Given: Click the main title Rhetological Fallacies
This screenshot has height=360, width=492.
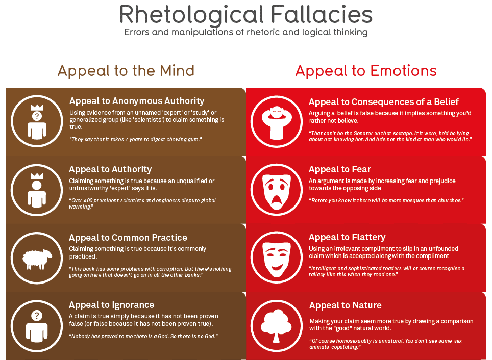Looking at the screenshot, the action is click(x=246, y=15).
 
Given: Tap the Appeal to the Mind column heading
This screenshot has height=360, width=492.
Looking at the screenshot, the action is click(x=126, y=70).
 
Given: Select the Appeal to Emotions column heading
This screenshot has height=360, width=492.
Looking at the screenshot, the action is click(x=366, y=70).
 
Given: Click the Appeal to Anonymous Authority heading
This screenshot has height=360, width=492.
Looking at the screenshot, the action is click(x=137, y=101).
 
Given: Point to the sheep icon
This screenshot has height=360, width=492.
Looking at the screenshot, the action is click(x=36, y=258).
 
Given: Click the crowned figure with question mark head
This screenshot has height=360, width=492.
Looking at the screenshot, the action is click(x=36, y=121).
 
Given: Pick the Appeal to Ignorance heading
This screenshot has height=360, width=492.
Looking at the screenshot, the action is click(x=111, y=305).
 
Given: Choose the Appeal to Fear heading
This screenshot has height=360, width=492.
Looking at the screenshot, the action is click(x=340, y=169).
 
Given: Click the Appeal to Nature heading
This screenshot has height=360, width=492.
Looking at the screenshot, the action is click(x=345, y=305).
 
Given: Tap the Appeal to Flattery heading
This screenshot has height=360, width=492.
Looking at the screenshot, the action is click(x=347, y=237).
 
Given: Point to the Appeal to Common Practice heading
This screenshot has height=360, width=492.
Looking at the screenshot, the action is click(x=128, y=238).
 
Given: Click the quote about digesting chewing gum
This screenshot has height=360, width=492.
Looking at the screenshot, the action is click(x=136, y=139).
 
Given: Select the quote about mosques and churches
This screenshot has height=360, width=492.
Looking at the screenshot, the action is click(x=386, y=200).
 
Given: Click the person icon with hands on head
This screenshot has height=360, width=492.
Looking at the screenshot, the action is click(x=276, y=121).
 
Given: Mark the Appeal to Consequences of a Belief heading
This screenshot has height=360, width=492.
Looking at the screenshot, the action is click(x=384, y=102).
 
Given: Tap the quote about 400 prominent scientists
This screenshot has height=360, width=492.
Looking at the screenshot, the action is click(x=142, y=203).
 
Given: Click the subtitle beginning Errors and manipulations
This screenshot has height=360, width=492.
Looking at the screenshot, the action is click(x=245, y=32).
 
